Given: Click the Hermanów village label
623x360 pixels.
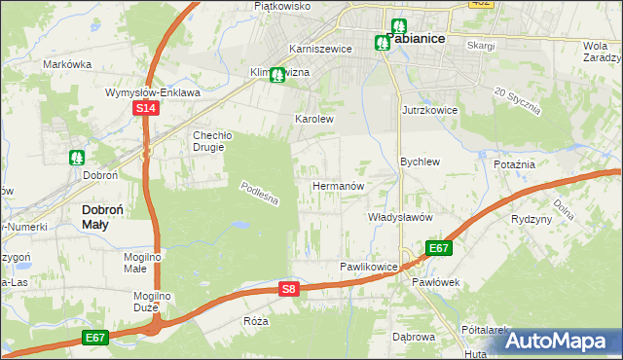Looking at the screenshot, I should [338, 185].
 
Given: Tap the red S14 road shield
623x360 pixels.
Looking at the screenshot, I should [144, 109].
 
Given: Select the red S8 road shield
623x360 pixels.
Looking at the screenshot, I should [288, 289].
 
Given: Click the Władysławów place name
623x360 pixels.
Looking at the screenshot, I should [400, 217].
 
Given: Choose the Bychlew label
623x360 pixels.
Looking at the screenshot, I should [421, 162].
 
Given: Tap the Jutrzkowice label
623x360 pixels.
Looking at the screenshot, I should [429, 111].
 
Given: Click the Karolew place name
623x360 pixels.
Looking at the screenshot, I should [314, 120].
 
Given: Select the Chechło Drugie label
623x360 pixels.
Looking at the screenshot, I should [209, 141].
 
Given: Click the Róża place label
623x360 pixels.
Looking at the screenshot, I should [257, 320].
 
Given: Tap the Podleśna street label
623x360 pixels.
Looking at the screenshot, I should [260, 193].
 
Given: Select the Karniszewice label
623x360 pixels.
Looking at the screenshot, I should [312, 49].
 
